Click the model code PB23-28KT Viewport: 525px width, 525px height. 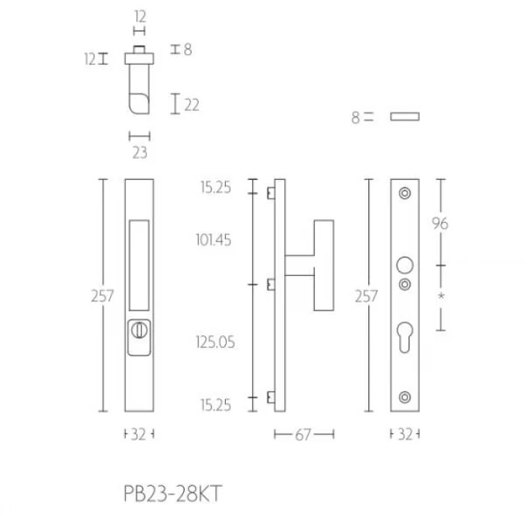click(172, 493)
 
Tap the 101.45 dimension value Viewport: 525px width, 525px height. click(214, 241)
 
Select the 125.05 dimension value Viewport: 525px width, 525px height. click(215, 342)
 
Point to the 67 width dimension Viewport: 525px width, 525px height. click(303, 434)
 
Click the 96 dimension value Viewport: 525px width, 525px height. click(440, 223)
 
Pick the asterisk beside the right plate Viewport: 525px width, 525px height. click(441, 296)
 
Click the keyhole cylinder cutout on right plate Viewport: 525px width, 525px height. click(405, 337)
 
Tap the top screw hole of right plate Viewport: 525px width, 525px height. click(405, 193)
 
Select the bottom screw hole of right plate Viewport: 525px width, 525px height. click(405, 397)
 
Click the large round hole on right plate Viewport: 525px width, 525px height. click(405, 265)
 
